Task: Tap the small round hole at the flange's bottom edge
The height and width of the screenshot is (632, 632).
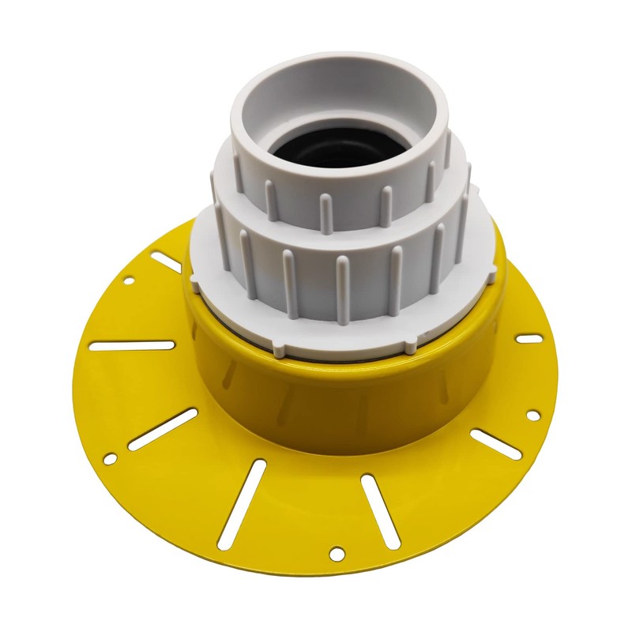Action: click(337, 553)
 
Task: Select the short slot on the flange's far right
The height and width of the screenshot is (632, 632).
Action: click(529, 339)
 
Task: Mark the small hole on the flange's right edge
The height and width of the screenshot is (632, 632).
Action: click(533, 415)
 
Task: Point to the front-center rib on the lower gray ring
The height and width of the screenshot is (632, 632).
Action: click(342, 291)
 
